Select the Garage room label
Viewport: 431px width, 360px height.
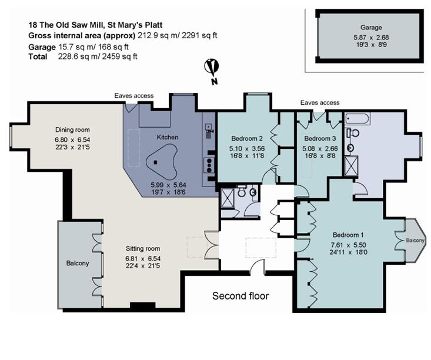[371, 27]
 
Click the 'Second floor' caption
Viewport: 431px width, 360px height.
[240, 296]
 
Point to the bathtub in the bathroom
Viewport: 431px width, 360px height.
[357, 119]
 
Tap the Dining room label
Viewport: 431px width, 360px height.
[72, 130]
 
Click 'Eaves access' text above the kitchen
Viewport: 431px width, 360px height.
[134, 95]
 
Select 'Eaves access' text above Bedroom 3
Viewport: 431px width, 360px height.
[319, 102]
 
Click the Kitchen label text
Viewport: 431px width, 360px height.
[167, 137]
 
